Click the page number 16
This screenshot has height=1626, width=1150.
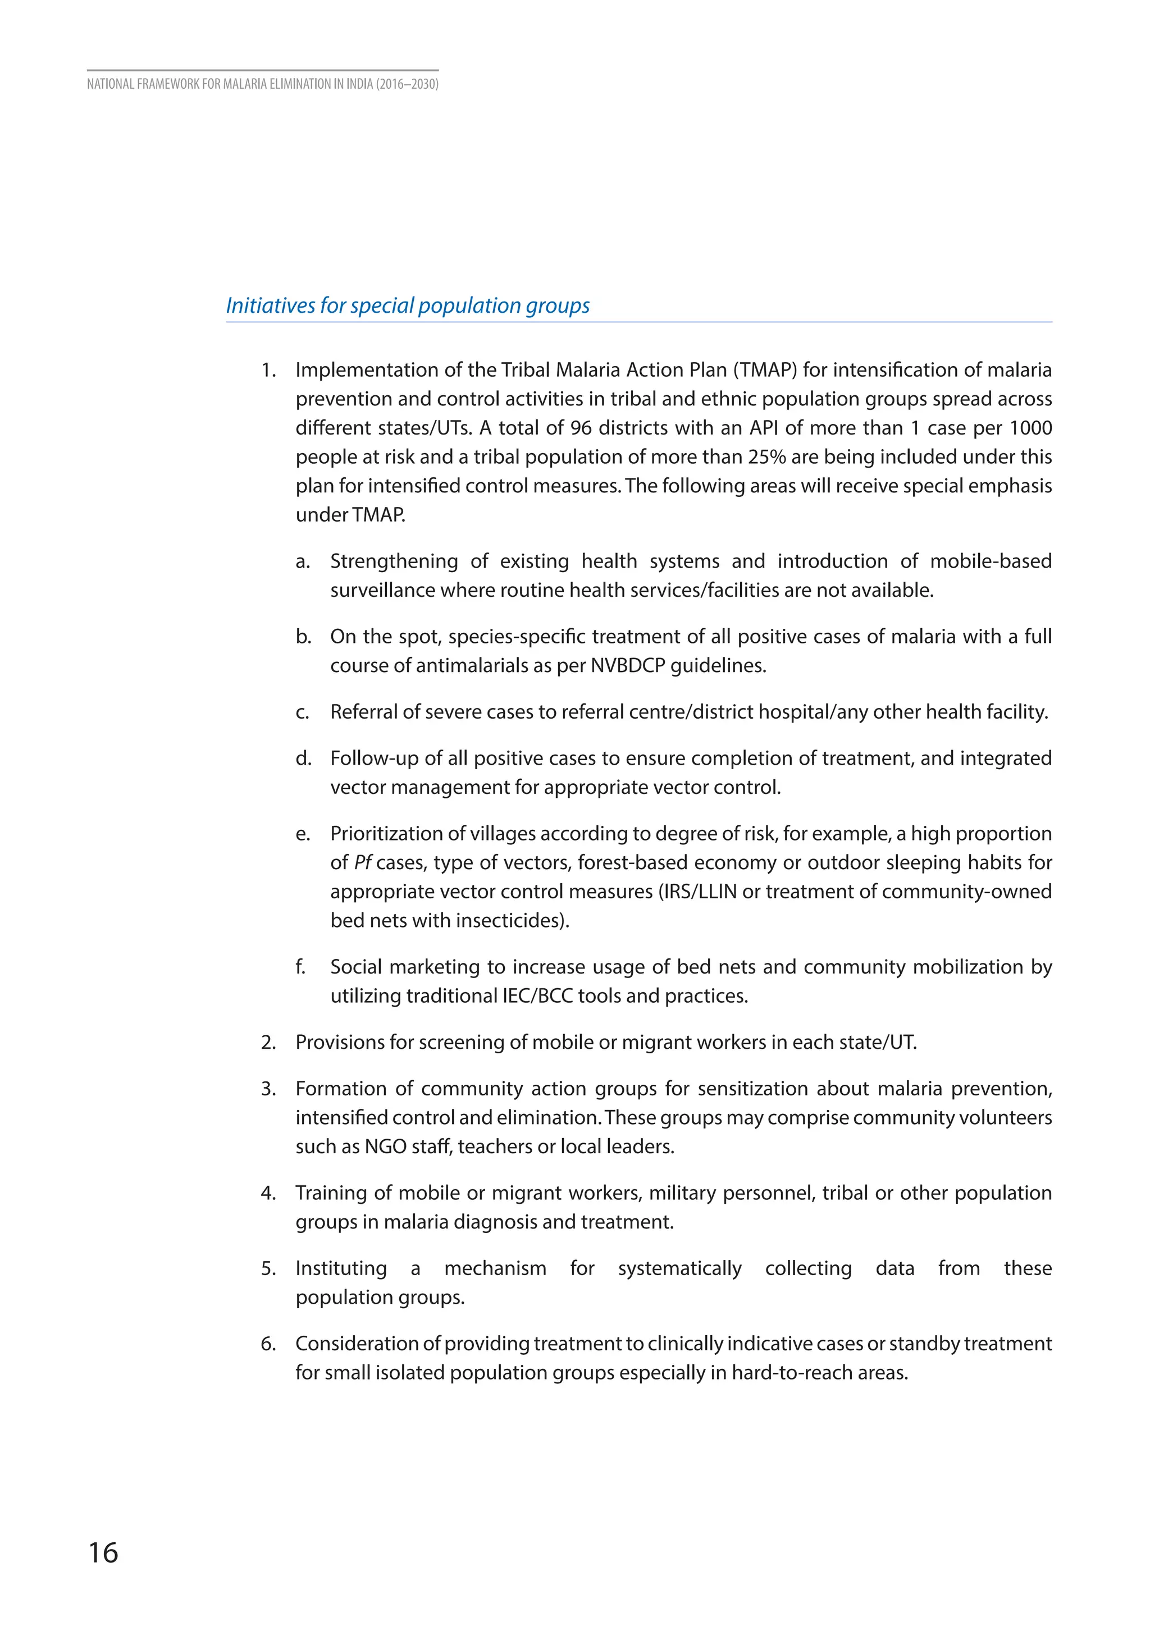pyautogui.click(x=103, y=1552)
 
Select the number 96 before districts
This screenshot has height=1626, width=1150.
pyautogui.click(x=581, y=428)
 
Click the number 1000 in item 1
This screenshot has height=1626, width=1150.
pyautogui.click(x=1030, y=428)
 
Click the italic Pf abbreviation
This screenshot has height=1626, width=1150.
pyautogui.click(x=363, y=862)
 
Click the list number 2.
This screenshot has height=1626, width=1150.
pyautogui.click(x=268, y=1043)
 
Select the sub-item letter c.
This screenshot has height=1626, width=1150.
pyautogui.click(x=302, y=712)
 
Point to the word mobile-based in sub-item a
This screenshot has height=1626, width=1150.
pyautogui.click(x=991, y=561)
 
